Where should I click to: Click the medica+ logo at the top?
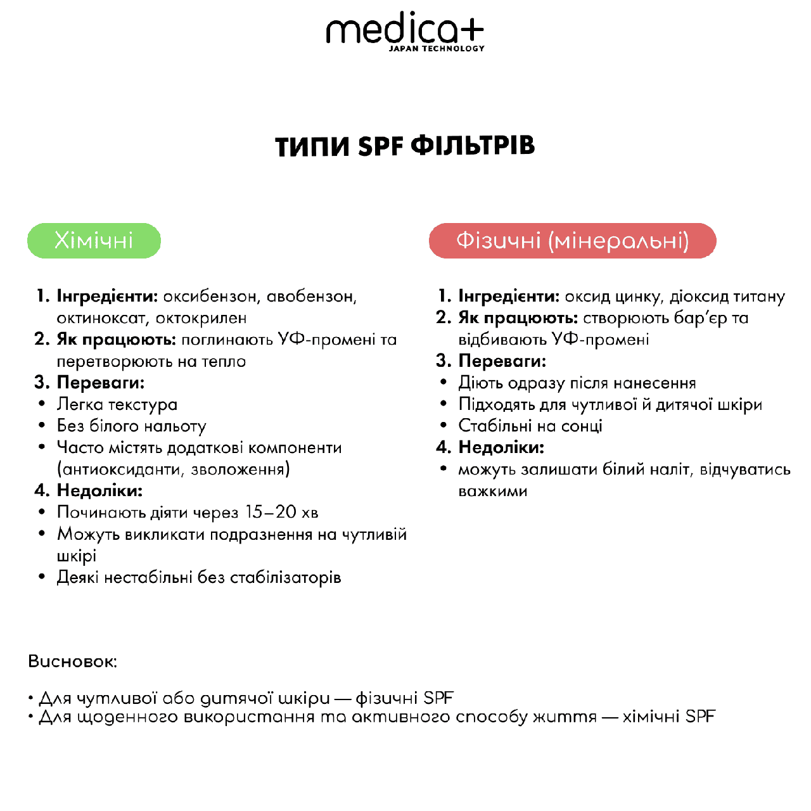coord(404,30)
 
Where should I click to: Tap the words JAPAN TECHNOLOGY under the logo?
coord(437,49)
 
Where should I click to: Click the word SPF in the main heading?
coord(380,146)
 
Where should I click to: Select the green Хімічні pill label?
coord(94,241)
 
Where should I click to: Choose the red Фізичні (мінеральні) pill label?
coord(572,241)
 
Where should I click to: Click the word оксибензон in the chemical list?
coord(211,297)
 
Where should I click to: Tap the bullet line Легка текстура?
coord(117,404)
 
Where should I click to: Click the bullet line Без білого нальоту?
coord(131,426)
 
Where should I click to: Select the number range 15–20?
coord(271,512)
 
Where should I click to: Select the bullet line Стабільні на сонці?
coord(530,426)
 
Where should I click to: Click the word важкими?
coord(492,491)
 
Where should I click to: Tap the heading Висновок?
coord(73,661)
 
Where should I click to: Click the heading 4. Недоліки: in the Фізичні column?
coord(491,447)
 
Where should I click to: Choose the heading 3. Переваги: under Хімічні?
coord(90,383)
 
